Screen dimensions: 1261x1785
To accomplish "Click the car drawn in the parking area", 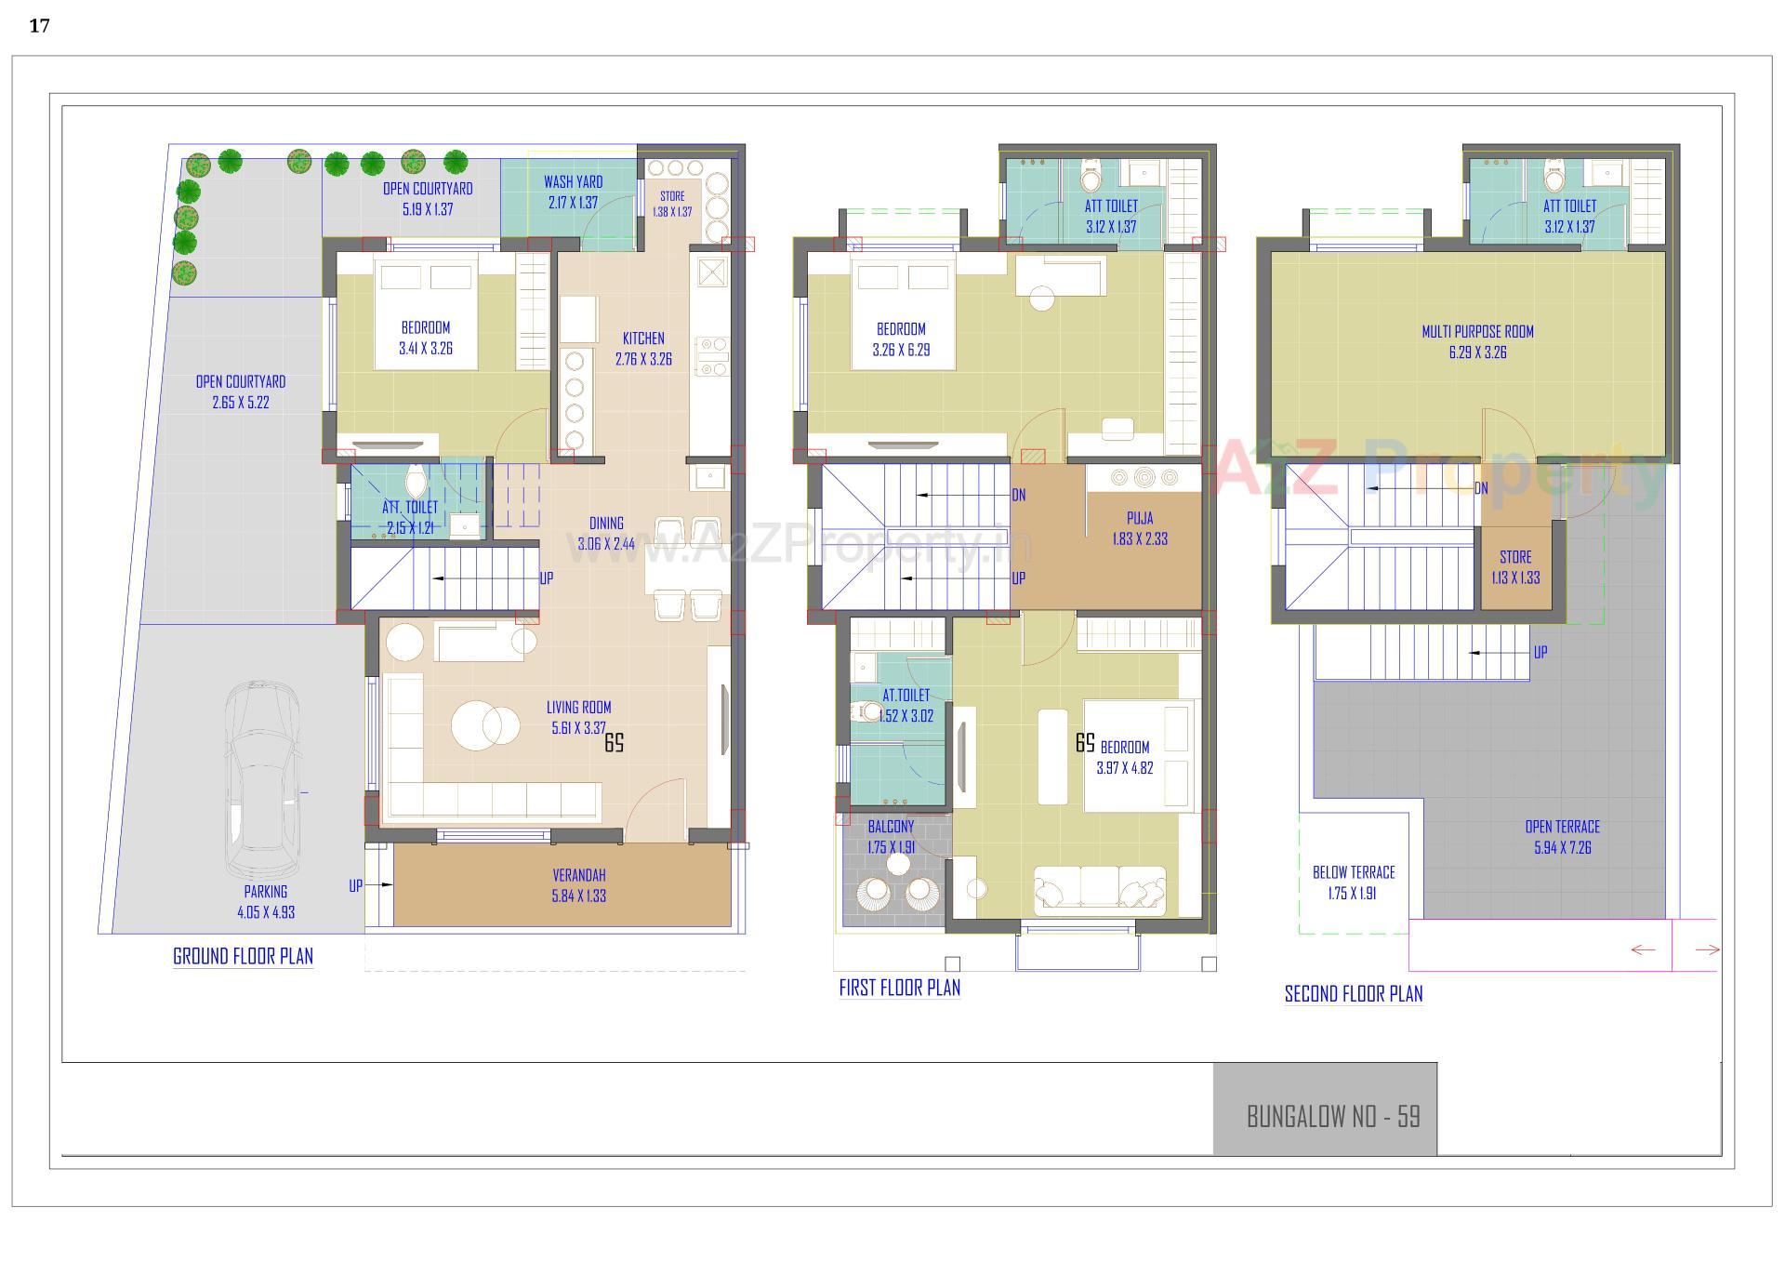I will (x=262, y=779).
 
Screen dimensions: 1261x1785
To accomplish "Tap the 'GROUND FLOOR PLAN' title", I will (x=243, y=956).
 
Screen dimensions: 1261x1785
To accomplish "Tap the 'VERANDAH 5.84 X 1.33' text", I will (x=578, y=885).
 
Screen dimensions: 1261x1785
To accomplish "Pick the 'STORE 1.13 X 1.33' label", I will (x=1515, y=566).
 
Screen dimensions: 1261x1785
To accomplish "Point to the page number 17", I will (x=39, y=26).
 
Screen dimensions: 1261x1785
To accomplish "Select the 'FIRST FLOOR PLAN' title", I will (x=899, y=988).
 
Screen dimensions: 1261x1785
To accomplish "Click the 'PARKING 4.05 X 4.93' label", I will (x=266, y=901).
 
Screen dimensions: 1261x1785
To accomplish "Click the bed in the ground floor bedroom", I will (x=426, y=312).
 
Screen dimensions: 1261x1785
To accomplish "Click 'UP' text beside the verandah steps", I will (x=355, y=886).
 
